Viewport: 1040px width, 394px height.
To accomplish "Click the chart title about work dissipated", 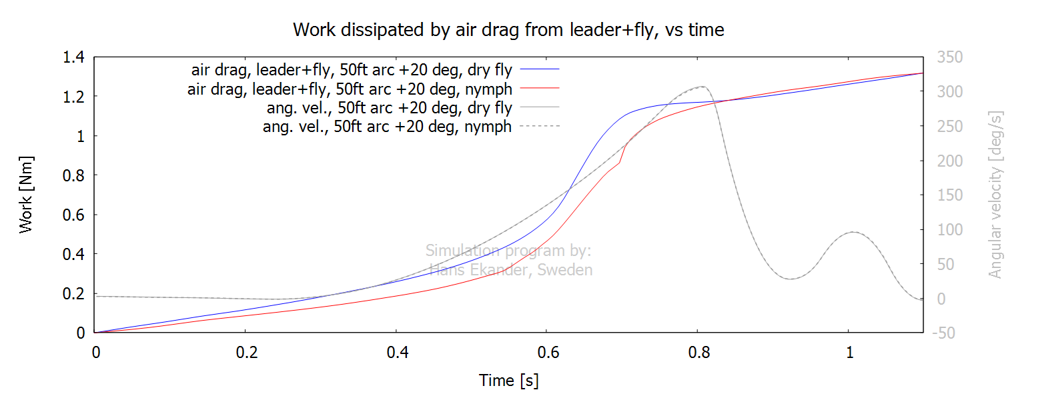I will (x=508, y=30).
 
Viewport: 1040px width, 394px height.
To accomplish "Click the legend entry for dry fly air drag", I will (x=352, y=69).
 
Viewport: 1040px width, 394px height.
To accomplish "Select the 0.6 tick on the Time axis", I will (x=547, y=353).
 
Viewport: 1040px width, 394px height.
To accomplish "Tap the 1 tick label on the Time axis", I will (x=849, y=353).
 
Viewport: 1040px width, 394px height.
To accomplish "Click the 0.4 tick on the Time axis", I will (x=396, y=353).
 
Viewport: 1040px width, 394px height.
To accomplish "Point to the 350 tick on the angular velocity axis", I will (x=949, y=57).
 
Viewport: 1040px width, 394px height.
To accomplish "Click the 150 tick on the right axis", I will (x=949, y=195).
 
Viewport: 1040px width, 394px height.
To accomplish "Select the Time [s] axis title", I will (x=508, y=381).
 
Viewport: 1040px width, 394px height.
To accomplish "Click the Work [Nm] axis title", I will (x=26, y=195).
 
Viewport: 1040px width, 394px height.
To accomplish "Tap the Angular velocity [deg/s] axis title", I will (x=995, y=195).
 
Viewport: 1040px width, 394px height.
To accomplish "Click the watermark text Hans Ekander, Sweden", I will (x=510, y=270).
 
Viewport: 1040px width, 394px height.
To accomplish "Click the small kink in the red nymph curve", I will (x=620, y=162).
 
